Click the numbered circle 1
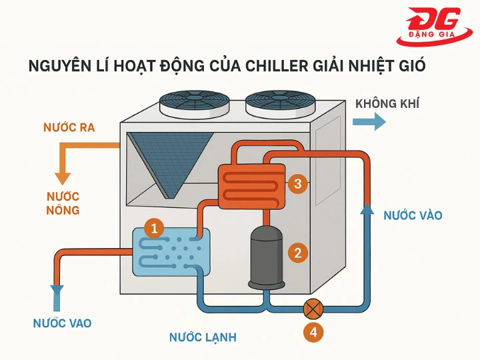(154, 229)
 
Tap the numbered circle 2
(297, 252)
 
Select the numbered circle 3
(298, 183)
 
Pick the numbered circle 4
(313, 332)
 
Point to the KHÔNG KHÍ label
(387, 104)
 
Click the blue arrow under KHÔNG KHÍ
(369, 121)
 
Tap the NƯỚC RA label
(69, 127)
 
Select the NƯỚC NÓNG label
(63, 203)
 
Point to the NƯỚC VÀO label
(413, 215)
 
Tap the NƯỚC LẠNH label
(203, 337)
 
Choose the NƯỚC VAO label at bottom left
(62, 323)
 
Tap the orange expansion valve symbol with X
(313, 309)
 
